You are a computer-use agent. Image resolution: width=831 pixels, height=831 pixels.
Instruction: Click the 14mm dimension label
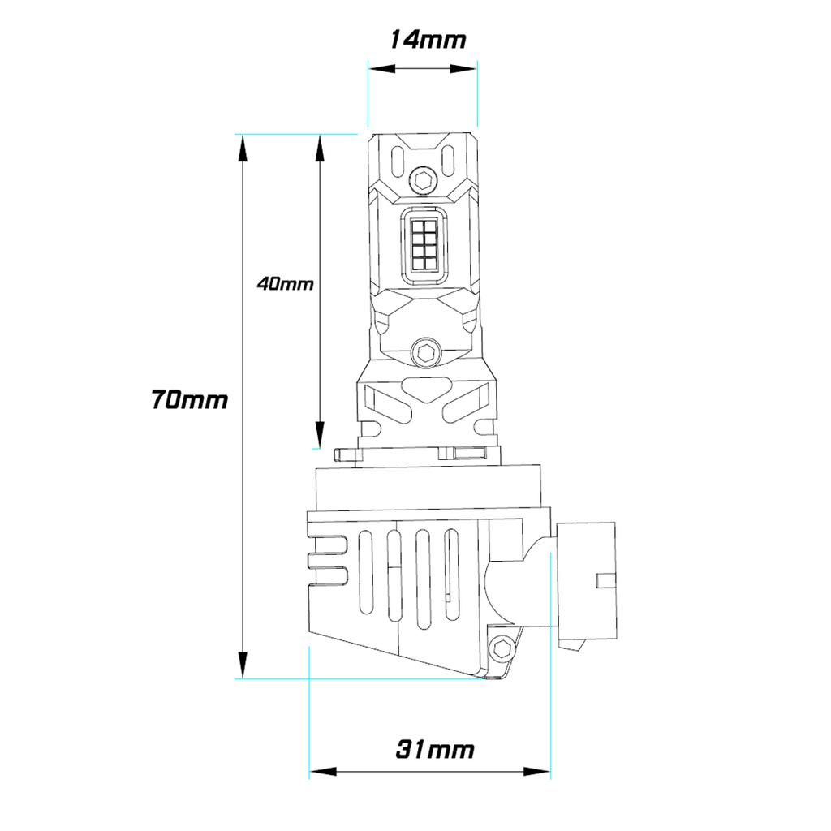(x=428, y=40)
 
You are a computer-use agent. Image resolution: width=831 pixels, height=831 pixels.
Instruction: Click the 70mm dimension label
(x=189, y=399)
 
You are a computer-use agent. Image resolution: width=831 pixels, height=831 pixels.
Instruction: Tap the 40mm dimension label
(x=285, y=284)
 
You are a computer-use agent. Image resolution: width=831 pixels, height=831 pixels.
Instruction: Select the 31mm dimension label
(x=435, y=749)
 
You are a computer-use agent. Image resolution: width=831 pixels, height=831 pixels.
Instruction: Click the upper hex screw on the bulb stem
(x=423, y=179)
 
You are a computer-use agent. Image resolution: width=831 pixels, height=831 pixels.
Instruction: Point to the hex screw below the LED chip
(x=425, y=351)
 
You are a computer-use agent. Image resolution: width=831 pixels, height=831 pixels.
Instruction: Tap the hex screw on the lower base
(x=502, y=648)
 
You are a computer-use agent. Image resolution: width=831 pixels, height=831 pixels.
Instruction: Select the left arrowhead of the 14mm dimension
(x=382, y=69)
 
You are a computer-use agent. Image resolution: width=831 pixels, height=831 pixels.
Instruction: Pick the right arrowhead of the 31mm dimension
(x=537, y=771)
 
